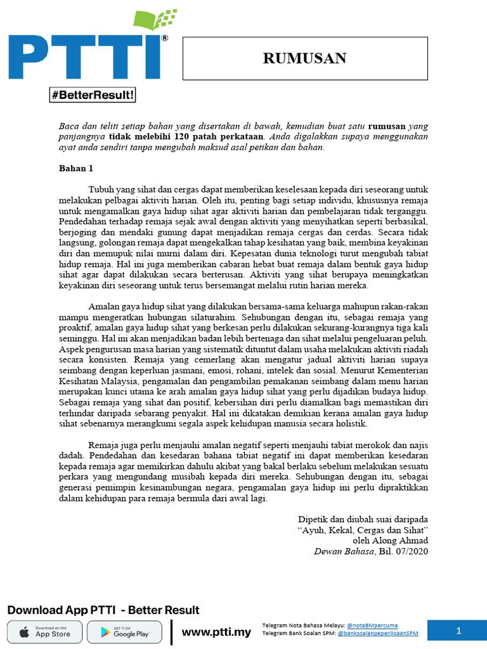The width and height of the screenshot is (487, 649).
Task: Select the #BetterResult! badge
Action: pos(93,96)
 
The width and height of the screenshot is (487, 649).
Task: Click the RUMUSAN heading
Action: pos(305,59)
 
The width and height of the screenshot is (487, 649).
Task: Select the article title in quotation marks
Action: pos(363,529)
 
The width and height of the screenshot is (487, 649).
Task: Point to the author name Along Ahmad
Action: pos(402,541)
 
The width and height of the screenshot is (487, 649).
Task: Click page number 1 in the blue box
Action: pos(457,631)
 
